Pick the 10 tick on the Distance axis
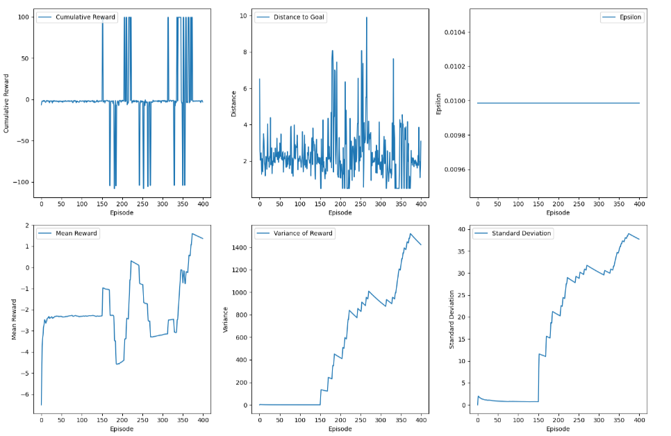click(243, 15)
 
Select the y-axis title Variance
click(225, 319)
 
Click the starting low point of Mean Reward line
click(41, 405)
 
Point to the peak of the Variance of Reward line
click(411, 233)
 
